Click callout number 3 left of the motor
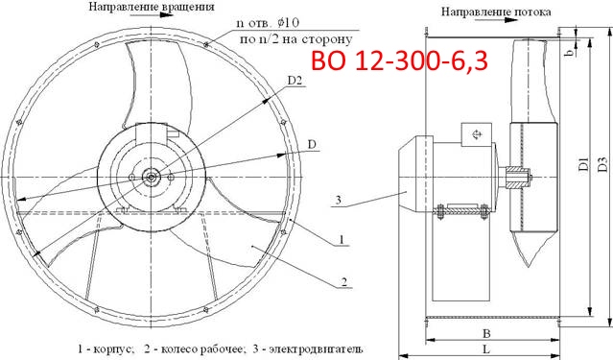pyautogui.click(x=338, y=201)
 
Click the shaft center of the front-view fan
pyautogui.click(x=153, y=176)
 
